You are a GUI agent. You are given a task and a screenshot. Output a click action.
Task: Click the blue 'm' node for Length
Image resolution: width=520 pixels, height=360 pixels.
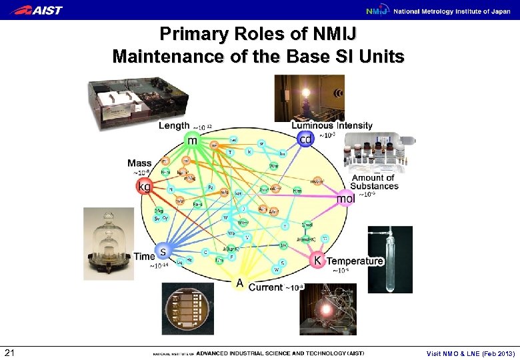pyautogui.click(x=193, y=141)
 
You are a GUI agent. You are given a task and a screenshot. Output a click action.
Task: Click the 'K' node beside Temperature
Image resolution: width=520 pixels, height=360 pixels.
pyautogui.click(x=318, y=260)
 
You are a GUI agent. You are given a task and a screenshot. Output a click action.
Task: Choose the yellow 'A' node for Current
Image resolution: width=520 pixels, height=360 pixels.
pyautogui.click(x=239, y=283)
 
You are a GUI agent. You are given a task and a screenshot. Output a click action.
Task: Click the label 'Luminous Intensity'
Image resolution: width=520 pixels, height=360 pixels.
pyautogui.click(x=332, y=125)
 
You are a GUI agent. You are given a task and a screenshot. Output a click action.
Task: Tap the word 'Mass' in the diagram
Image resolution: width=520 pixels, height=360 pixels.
pyautogui.click(x=139, y=163)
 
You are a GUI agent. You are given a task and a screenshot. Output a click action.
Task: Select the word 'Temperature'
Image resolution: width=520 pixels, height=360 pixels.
pyautogui.click(x=355, y=261)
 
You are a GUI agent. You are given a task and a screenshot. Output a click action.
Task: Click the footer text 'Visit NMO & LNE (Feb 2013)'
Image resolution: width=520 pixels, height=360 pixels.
pyautogui.click(x=470, y=353)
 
